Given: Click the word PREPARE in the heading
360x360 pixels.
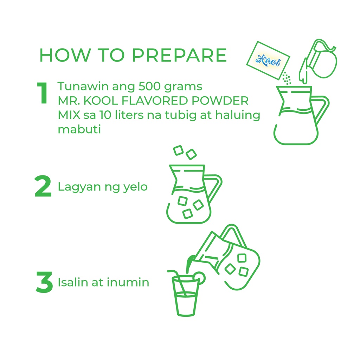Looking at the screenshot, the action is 179,55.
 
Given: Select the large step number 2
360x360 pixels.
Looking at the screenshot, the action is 43,186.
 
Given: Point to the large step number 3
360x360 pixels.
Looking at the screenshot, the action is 44,282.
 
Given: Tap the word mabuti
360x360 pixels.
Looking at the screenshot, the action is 79,129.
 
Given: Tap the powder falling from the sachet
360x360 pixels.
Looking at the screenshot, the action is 287,78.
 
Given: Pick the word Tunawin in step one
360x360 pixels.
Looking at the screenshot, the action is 83,86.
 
